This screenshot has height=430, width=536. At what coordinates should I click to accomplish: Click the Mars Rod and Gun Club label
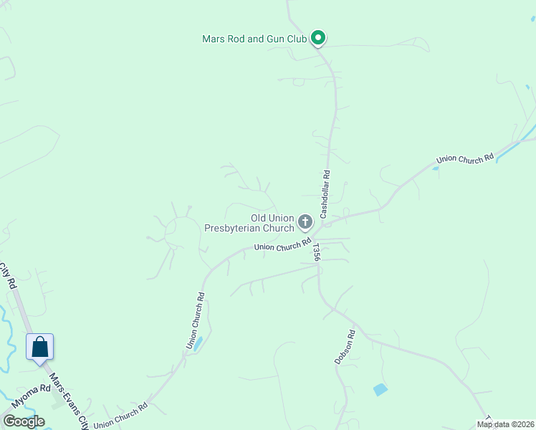tap(254, 39)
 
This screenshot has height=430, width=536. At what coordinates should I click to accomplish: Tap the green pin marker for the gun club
tap(318, 38)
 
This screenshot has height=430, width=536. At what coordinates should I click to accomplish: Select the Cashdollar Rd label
tap(325, 193)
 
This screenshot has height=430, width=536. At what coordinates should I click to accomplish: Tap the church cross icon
tap(305, 222)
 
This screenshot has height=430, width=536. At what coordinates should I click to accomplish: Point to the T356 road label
tap(316, 253)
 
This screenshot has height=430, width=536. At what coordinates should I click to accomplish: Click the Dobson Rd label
tap(345, 348)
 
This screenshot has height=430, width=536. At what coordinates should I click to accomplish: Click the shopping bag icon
tap(39, 347)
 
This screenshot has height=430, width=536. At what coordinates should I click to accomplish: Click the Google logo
tap(24, 421)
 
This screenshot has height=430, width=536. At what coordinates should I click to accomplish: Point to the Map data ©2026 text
tap(505, 424)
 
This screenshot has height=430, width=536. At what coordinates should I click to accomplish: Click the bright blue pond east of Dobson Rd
tap(380, 390)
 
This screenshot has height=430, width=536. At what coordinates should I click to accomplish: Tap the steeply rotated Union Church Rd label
tap(196, 320)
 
